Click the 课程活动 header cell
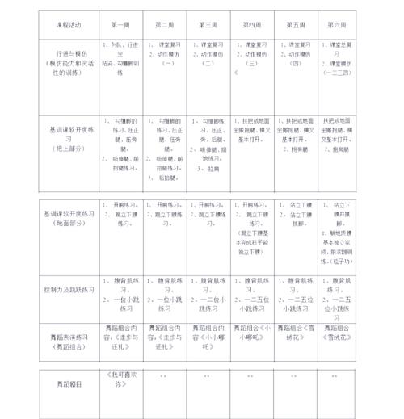pos(68,24)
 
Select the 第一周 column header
pos(120,24)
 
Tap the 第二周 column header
pos(165,24)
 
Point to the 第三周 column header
pos(208,24)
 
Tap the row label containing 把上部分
pos(68,138)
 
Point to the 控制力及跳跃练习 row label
pos(68,288)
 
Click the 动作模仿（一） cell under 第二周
pos(165,58)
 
